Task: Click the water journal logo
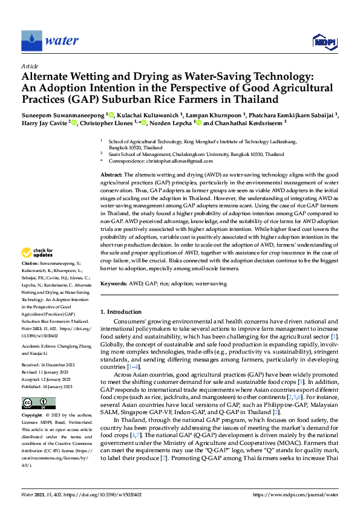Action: tap(50, 41)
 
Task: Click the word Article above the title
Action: tap(30, 66)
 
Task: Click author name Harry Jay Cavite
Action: tap(44, 123)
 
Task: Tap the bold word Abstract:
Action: tap(113, 174)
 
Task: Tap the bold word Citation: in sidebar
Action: tap(31, 280)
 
